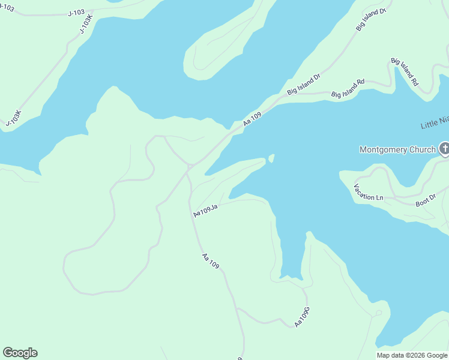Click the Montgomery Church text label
coord(397,149)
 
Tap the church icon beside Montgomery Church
coord(444,148)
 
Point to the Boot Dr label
coord(425,200)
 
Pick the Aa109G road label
coord(302,317)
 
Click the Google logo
coord(20,353)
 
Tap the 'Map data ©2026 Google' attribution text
coord(412,355)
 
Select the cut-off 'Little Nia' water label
coord(435,123)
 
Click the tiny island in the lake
coord(271,158)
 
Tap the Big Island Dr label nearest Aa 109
coord(304,85)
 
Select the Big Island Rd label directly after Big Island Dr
coord(348,89)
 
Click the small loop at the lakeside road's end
coord(378,313)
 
